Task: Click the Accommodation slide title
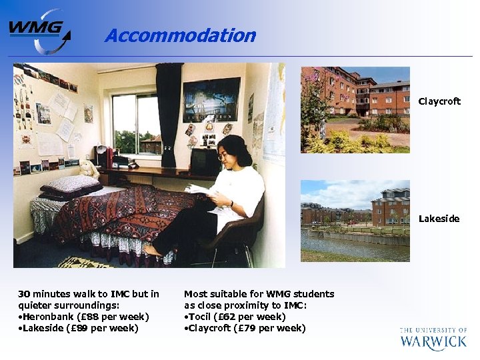(x=180, y=35)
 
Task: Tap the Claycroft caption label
(x=439, y=102)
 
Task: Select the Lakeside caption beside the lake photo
(x=439, y=219)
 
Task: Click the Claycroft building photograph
(x=355, y=109)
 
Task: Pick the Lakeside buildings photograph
(x=355, y=220)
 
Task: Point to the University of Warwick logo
(x=433, y=338)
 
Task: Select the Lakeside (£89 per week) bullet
(x=81, y=328)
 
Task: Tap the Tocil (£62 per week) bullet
(x=237, y=317)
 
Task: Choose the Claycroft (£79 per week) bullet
(x=247, y=328)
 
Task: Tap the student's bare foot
(x=152, y=251)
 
